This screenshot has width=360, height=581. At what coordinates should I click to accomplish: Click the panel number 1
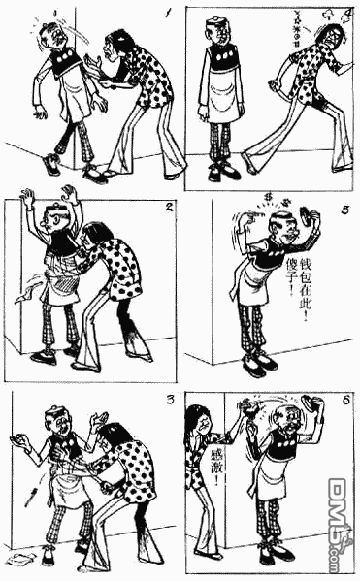pos(170,15)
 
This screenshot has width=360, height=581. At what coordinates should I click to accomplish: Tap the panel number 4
pos(347,15)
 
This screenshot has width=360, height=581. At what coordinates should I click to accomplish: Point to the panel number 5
pos(346,207)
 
